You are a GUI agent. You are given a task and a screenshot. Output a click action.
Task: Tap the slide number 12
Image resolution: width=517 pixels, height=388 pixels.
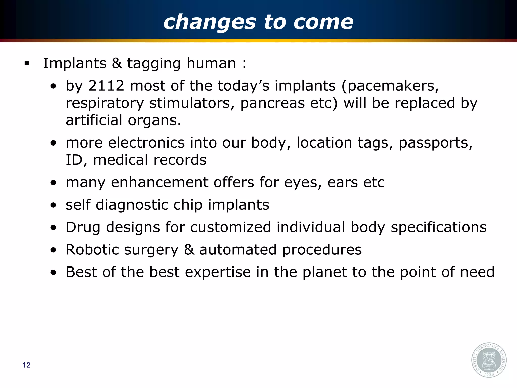(26, 365)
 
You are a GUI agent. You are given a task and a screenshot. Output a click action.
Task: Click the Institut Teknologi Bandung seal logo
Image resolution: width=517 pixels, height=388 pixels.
(489, 360)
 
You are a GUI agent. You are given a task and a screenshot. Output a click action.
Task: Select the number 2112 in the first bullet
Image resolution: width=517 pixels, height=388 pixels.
(106, 86)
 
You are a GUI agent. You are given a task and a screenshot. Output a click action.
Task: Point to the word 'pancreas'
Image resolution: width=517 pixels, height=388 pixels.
(272, 103)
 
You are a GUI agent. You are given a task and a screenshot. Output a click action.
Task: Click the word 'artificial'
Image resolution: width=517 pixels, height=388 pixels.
(94, 120)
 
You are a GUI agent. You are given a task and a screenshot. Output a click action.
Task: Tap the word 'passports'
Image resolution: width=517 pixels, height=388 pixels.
(435, 143)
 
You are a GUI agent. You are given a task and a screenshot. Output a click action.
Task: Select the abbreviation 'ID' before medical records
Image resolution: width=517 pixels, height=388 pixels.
(74, 160)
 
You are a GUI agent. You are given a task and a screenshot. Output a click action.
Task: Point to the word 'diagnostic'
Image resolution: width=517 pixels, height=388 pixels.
(132, 205)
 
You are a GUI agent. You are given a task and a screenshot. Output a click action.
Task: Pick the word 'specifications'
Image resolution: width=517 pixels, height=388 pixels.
(438, 227)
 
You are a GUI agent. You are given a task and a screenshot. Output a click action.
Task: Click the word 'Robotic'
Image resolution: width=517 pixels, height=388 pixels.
(92, 250)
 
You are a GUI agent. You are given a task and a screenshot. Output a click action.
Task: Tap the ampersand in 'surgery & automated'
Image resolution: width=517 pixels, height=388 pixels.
(189, 250)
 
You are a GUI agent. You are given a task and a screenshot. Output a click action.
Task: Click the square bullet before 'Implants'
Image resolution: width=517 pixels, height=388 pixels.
(27, 63)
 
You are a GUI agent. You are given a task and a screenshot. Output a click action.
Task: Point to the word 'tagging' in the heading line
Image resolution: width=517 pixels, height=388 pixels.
(154, 64)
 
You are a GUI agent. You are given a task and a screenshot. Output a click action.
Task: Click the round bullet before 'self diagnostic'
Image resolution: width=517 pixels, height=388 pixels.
(53, 205)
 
